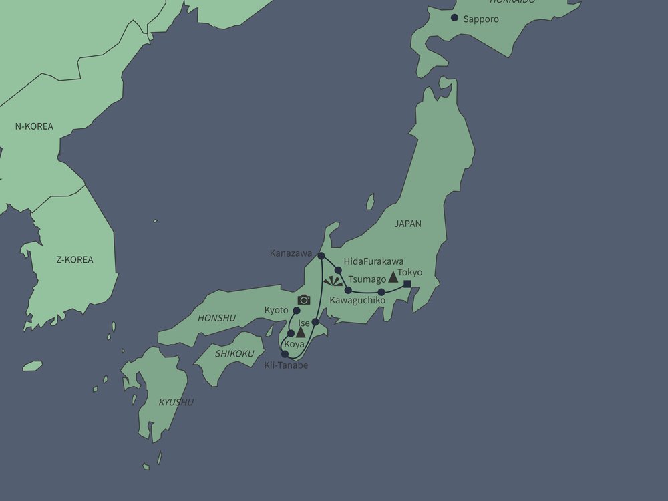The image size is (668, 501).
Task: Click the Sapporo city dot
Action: point(455,18)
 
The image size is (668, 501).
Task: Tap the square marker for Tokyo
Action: point(407,285)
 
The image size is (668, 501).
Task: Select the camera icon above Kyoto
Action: point(304,300)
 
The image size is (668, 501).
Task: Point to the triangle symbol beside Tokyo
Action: point(393,277)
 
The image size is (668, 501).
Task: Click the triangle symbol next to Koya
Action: point(301,332)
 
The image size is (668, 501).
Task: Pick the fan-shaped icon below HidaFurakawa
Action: point(333,281)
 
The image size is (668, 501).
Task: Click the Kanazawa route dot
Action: point(321,256)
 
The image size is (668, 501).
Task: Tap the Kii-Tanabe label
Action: point(287,365)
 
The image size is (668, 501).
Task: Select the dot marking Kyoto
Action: point(297,311)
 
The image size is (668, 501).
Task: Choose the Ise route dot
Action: point(315,323)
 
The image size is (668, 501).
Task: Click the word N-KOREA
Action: point(34,126)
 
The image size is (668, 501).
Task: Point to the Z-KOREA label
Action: point(75,259)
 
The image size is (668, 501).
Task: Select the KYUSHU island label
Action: point(176,402)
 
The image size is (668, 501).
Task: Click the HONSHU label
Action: point(217,318)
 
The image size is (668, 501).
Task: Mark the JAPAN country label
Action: point(407,224)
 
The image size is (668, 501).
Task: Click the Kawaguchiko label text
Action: point(357,301)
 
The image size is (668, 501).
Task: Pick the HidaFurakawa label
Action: point(373,261)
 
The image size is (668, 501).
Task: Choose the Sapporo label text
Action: point(481,19)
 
